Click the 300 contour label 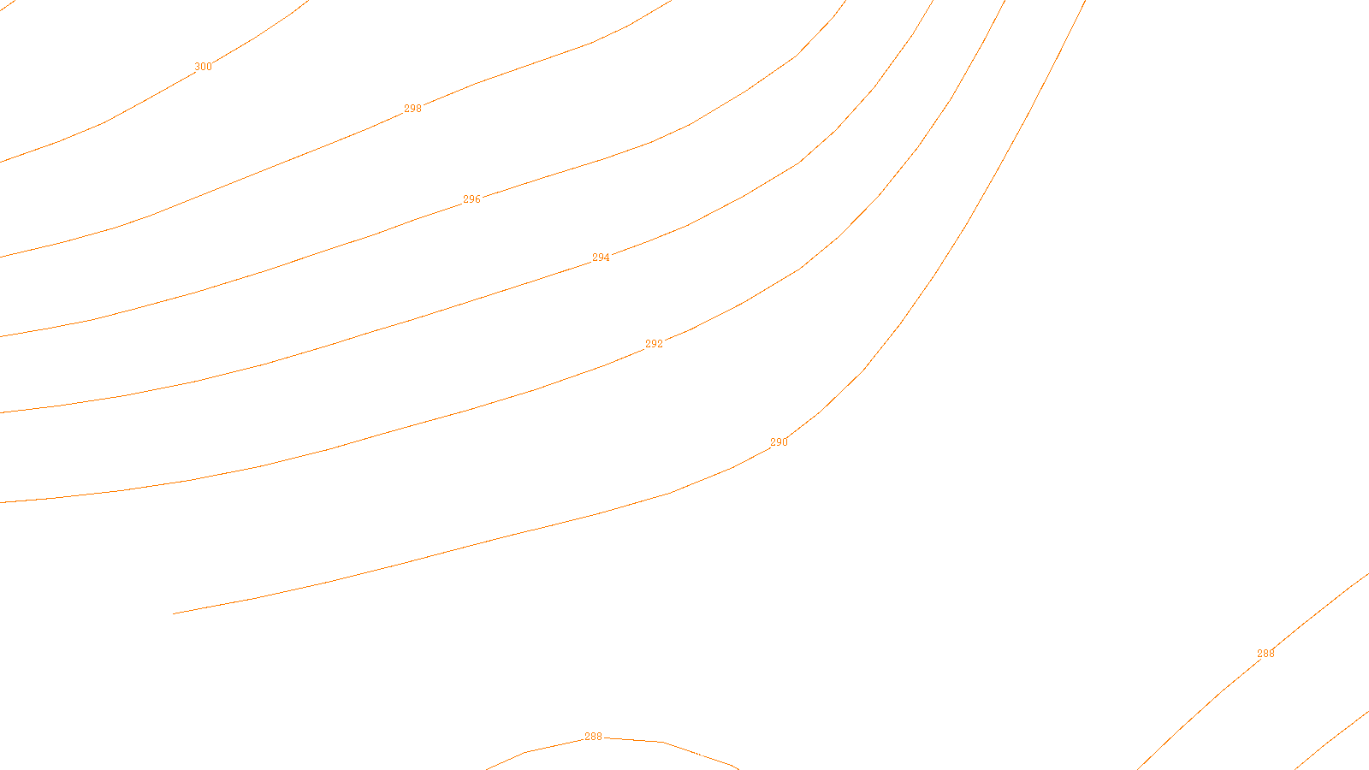tap(203, 67)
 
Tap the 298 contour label tap(412, 109)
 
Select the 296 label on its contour tap(471, 199)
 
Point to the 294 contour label tap(601, 258)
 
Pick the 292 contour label tap(654, 344)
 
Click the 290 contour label tap(779, 442)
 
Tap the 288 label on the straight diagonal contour tap(1265, 654)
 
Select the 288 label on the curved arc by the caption tap(593, 737)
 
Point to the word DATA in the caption tap(724, 756)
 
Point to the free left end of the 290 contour tap(175, 613)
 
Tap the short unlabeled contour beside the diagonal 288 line tap(1335, 737)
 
